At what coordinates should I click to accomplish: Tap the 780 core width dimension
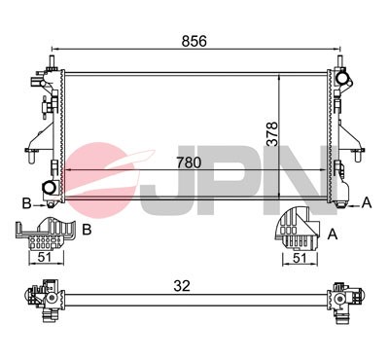pos(191,163)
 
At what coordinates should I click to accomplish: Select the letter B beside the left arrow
pos(27,202)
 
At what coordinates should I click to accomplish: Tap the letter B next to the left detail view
pos(87,230)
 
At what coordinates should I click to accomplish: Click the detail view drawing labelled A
pos(296,231)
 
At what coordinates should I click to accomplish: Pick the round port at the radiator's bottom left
pos(48,187)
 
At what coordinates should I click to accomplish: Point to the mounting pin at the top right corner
pos(340,64)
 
